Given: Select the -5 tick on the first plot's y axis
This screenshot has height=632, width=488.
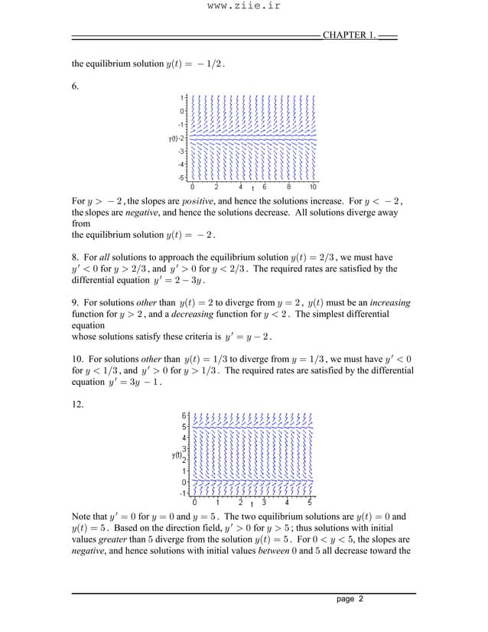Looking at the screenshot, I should point(181,177).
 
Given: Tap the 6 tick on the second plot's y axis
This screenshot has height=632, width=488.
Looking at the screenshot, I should point(184,415).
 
